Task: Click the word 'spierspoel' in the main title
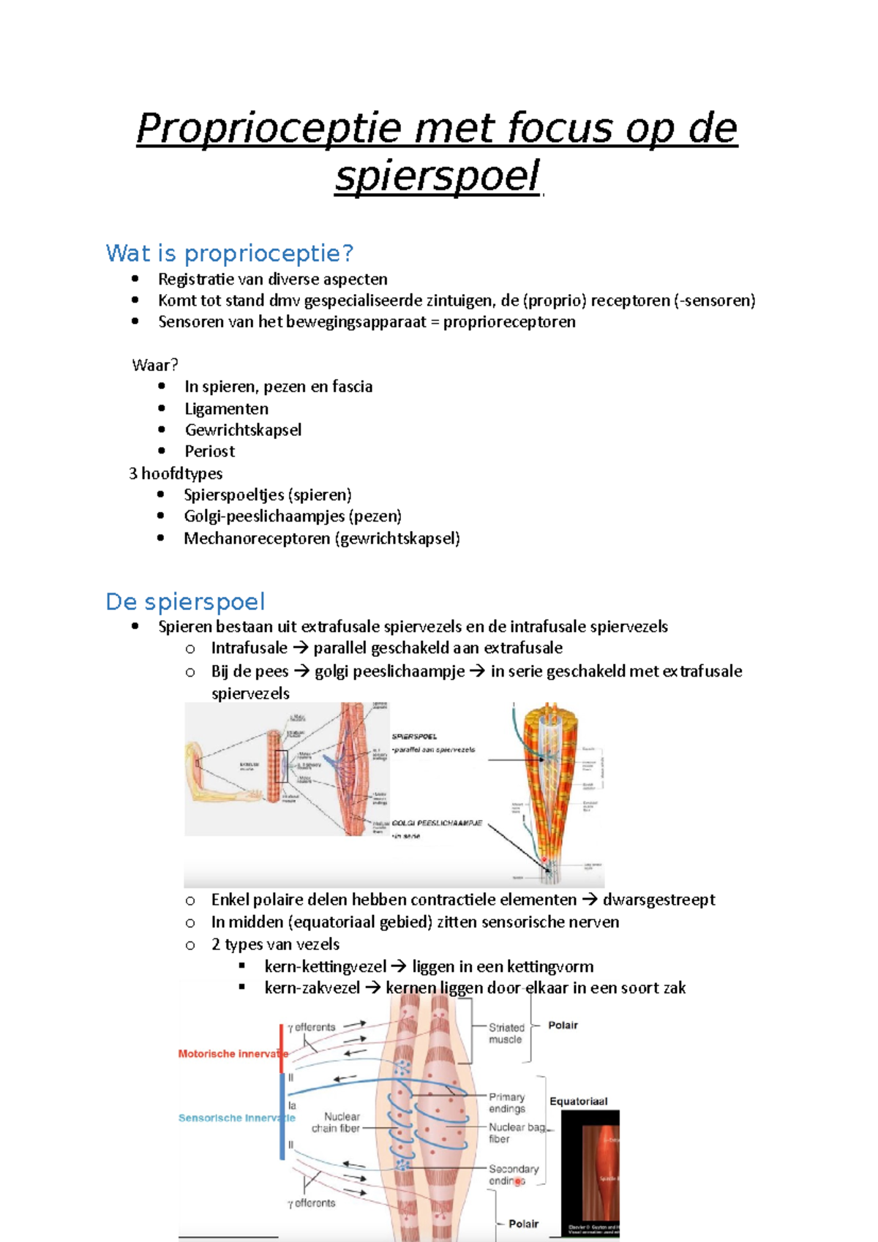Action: [x=437, y=176]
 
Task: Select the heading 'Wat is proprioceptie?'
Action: [x=229, y=253]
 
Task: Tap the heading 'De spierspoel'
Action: [x=185, y=601]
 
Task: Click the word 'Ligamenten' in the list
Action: [x=226, y=409]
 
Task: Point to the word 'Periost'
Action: [x=209, y=451]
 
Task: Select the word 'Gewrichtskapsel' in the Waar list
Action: [x=243, y=430]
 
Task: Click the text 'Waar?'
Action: [x=154, y=365]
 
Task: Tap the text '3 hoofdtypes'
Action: [x=176, y=473]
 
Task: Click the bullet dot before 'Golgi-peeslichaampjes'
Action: [x=161, y=516]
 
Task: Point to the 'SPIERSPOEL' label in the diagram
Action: [x=414, y=737]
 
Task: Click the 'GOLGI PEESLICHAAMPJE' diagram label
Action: [x=438, y=823]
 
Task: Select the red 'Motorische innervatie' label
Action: [x=233, y=1054]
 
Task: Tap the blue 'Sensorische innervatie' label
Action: [x=236, y=1118]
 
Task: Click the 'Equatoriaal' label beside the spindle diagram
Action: [x=578, y=1101]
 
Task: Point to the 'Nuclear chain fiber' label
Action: [x=336, y=1122]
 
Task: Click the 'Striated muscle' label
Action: [x=506, y=1033]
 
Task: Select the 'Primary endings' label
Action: [x=507, y=1102]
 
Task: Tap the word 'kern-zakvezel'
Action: [x=312, y=988]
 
